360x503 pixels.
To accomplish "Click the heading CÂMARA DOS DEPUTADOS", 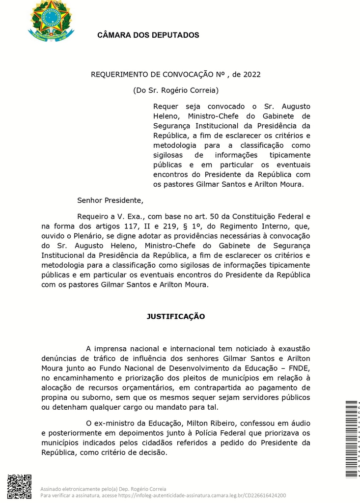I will click(148, 35).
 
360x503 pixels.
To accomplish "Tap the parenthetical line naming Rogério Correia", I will click(176, 90).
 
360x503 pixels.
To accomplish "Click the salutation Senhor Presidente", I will click(110, 200).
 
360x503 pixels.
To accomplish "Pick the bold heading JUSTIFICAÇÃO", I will click(176, 316).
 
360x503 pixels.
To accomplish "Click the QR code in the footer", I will click(20, 486).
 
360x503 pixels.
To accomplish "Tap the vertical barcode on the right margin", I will click(351, 439).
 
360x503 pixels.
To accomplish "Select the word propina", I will click(55, 398).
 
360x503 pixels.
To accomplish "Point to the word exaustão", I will click(292, 349).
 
